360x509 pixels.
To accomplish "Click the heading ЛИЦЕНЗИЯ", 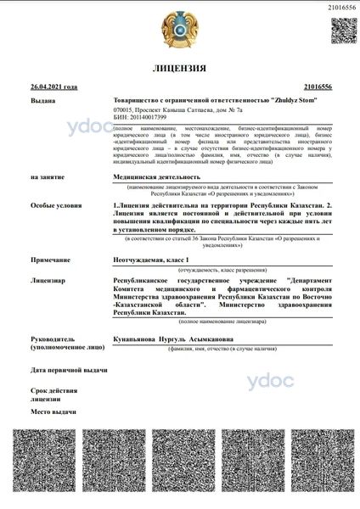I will coord(179,68).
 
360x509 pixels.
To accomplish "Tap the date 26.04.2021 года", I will coord(53,87).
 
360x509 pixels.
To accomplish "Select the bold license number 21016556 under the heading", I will coord(317,87).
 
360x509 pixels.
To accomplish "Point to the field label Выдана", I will coord(42,99).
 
